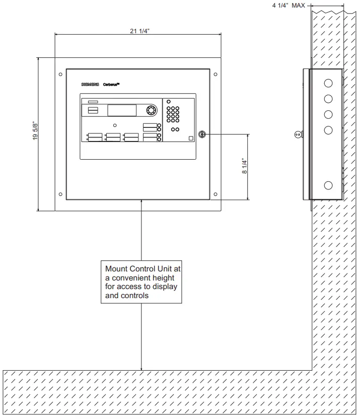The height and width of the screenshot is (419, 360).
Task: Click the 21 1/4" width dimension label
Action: [x=139, y=31]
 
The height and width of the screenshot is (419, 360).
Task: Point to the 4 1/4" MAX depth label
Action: [x=289, y=6]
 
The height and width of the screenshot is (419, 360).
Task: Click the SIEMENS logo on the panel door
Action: [x=90, y=85]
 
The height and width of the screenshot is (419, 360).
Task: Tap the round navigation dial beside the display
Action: [x=151, y=110]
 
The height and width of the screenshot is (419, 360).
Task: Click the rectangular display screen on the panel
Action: [x=122, y=110]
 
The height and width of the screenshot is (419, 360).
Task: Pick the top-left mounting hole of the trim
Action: [x=60, y=75]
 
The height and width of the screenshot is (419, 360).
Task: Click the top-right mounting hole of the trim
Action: [x=215, y=75]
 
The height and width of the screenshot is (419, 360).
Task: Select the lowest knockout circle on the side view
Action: [x=328, y=185]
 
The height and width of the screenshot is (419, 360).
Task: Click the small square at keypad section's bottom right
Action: [x=191, y=139]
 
